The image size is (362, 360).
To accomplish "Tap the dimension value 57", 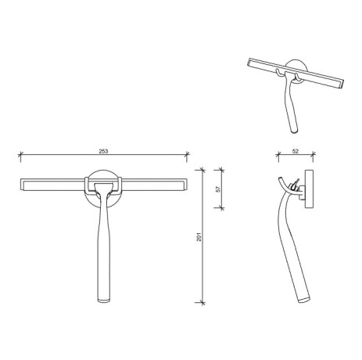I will (217, 188).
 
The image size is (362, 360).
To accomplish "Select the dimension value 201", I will (199, 235).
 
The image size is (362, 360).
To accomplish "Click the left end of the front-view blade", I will (21, 185).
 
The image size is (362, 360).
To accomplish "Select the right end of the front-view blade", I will (187, 185).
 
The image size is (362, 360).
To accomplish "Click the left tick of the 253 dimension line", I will (20, 153).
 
